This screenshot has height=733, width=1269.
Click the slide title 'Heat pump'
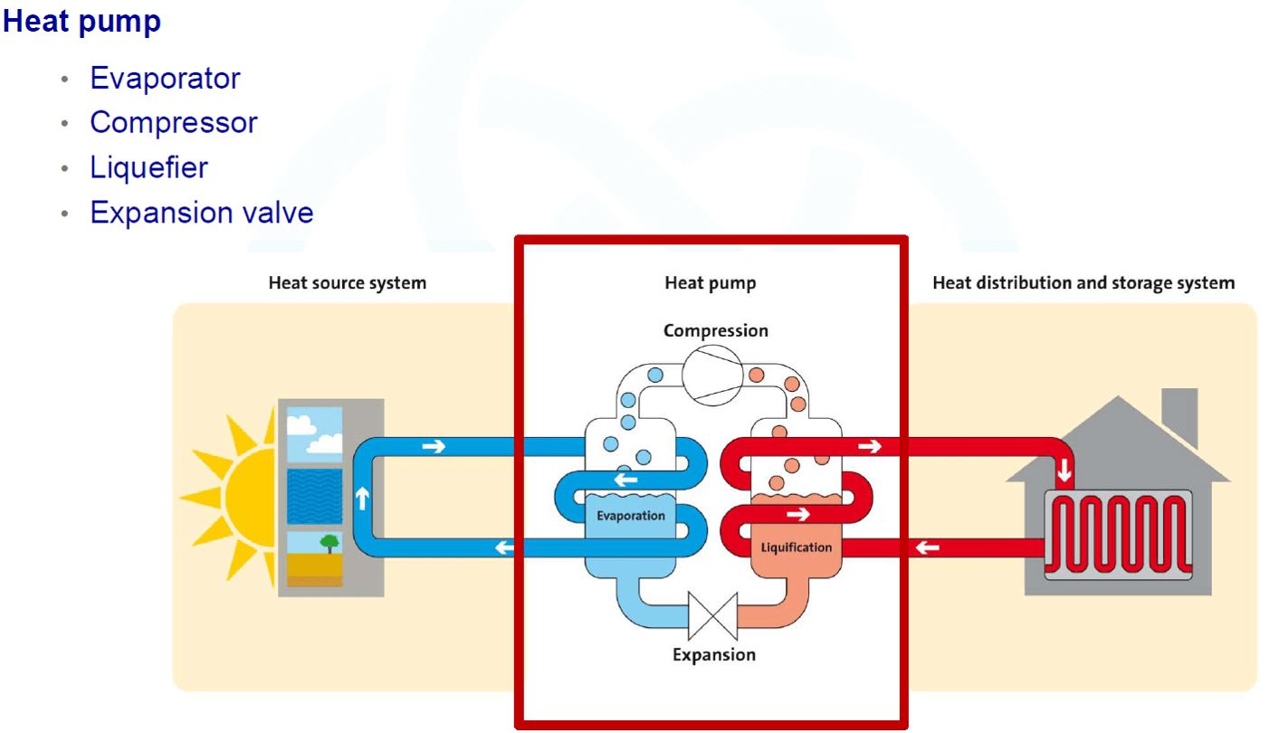82,23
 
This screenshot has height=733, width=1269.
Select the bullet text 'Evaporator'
166,78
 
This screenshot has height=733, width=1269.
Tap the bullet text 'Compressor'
174,123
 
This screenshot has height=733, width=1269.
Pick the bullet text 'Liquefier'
149,168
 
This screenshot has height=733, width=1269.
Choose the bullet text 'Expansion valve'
202,213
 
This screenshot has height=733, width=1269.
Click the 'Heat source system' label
348,282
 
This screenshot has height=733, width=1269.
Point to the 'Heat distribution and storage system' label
1083,282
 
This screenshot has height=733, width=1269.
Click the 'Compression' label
716,330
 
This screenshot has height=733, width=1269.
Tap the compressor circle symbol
712,376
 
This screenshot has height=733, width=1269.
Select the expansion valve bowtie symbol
712,615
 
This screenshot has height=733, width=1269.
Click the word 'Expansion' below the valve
714,655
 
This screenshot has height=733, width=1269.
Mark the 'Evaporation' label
631,516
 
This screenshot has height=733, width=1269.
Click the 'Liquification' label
796,547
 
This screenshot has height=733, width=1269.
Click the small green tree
329,543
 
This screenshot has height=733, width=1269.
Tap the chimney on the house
1179,416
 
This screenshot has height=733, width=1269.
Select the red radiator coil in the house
1118,534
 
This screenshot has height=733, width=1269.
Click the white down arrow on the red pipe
1064,470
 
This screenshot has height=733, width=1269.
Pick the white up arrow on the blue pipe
363,499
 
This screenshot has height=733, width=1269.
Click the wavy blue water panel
314,496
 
